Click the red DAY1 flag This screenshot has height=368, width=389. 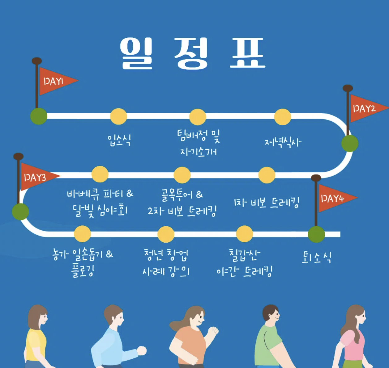[x=56, y=81]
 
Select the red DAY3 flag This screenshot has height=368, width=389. [x=36, y=177]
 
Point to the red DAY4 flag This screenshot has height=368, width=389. [x=334, y=198]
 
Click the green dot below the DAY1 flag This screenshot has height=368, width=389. [x=39, y=116]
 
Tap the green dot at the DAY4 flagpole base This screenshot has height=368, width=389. [x=316, y=234]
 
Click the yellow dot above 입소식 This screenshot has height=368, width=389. [x=119, y=116]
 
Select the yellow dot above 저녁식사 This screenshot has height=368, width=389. [x=283, y=117]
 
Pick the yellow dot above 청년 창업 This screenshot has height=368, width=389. [x=166, y=234]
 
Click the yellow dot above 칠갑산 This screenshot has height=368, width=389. [x=245, y=234]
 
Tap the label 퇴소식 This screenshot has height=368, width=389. [x=317, y=257]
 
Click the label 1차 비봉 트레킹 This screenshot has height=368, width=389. [x=267, y=203]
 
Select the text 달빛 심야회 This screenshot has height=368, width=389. [x=100, y=211]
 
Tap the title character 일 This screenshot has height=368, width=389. [x=137, y=53]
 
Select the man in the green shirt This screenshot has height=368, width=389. [x=269, y=340]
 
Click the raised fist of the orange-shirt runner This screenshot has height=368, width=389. [x=213, y=331]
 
